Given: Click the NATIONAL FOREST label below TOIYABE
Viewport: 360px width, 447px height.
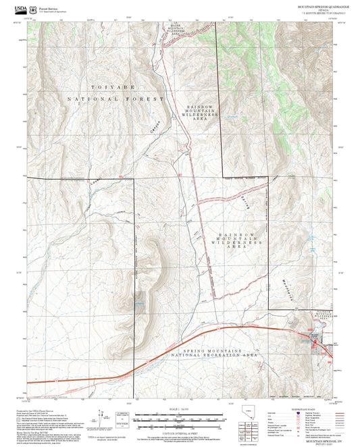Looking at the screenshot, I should point(115,99).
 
